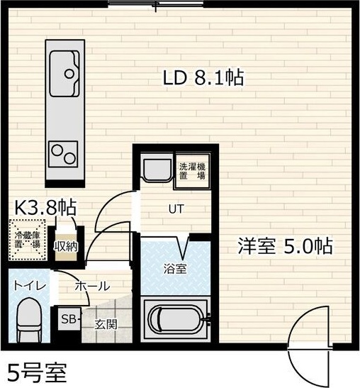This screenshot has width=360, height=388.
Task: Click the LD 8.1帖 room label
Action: (x=203, y=78)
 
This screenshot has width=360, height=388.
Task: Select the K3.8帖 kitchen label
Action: (x=45, y=207)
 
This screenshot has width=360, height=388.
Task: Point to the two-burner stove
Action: (x=63, y=151)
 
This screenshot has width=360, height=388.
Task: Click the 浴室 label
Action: (x=175, y=269)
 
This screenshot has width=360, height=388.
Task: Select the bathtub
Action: (x=175, y=317)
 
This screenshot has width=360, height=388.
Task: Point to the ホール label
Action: (x=92, y=287)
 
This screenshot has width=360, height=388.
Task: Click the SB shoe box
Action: (x=70, y=318)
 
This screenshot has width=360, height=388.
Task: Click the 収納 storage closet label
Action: (x=67, y=245)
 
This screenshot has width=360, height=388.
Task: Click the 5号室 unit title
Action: (x=39, y=372)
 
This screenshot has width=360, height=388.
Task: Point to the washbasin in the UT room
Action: (x=154, y=170)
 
